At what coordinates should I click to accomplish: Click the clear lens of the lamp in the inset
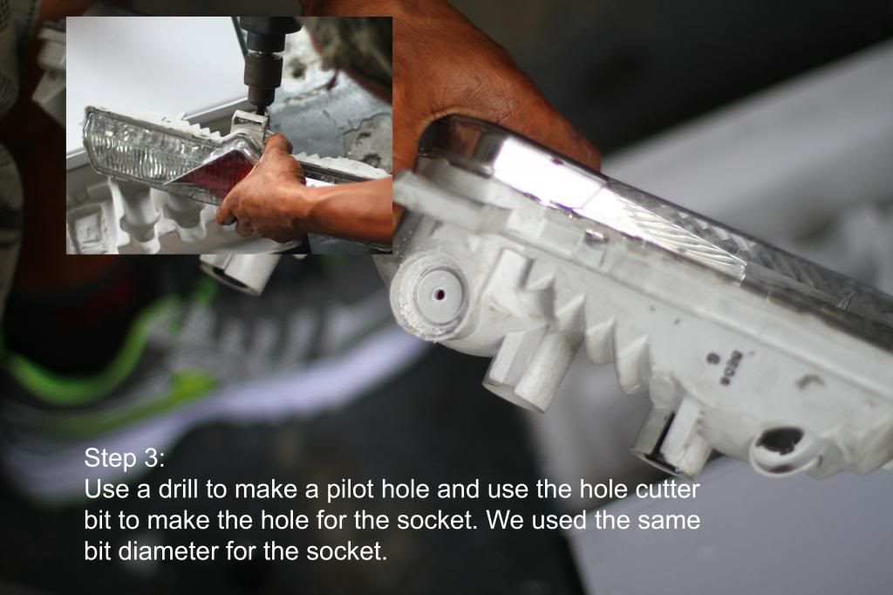pyautogui.click(x=142, y=147)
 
